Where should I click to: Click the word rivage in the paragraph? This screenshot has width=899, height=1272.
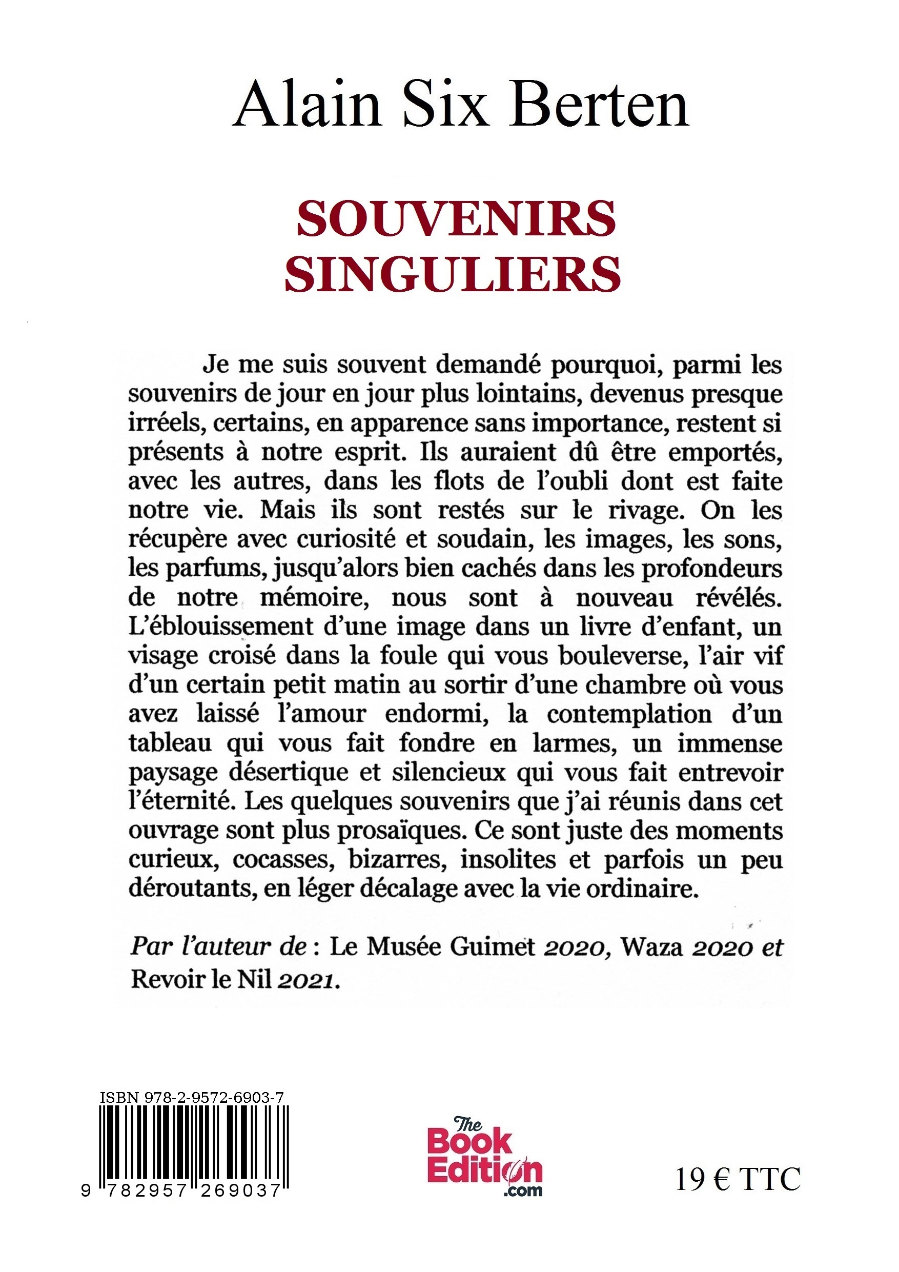coord(644,510)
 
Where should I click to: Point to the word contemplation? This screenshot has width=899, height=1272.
coord(629,714)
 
